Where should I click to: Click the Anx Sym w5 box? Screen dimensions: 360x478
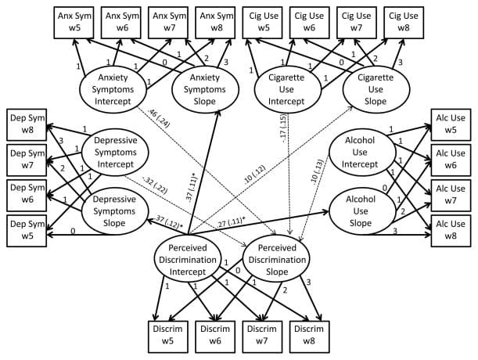77,22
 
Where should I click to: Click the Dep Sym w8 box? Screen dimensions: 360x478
26,124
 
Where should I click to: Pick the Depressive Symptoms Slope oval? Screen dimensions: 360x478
115,205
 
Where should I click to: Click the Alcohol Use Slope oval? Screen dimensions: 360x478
360,206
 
